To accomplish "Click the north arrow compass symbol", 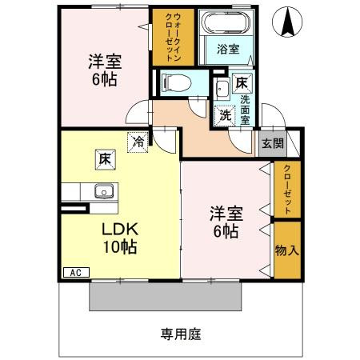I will pyautogui.click(x=286, y=22).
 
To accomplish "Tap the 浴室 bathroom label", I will pyautogui.click(x=228, y=50).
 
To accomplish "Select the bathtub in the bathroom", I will pyautogui.click(x=225, y=23).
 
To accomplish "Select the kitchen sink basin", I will pyautogui.click(x=102, y=191).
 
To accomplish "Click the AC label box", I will pyautogui.click(x=75, y=273).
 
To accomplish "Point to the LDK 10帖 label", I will pyautogui.click(x=118, y=238).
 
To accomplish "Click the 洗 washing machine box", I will pyautogui.click(x=225, y=114).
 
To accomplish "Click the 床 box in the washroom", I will pyautogui.click(x=241, y=82).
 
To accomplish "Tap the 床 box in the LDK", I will pyautogui.click(x=105, y=158).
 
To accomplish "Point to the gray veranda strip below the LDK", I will pyautogui.click(x=165, y=298).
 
